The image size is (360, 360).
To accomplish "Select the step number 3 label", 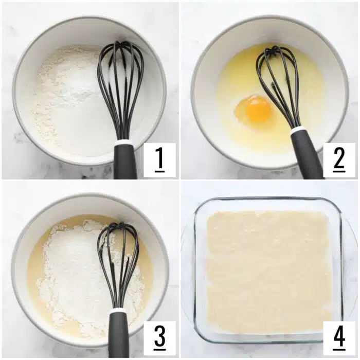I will (159, 337).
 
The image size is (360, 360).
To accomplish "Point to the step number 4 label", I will (339, 337).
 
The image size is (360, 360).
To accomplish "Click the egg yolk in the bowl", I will (257, 109).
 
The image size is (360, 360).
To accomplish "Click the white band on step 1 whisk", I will (124, 142).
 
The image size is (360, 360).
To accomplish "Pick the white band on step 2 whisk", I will (298, 131).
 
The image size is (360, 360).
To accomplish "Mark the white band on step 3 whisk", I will (118, 310).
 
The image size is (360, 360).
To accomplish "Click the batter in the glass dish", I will (267, 267).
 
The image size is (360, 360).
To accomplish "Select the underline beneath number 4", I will (339, 349).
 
